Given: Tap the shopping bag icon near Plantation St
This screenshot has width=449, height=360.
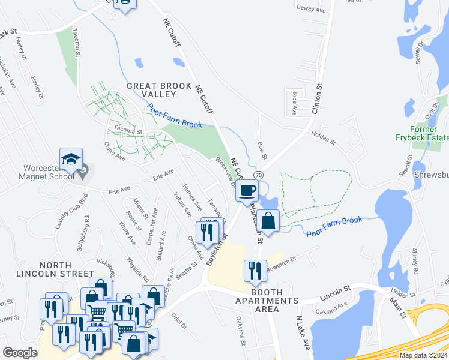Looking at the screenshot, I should (270, 220).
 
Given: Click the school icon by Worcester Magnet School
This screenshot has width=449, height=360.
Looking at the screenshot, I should (71, 160).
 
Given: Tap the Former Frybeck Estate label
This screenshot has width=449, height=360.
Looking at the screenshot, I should (429, 133).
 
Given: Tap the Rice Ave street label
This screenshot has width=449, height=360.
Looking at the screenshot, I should (294, 103).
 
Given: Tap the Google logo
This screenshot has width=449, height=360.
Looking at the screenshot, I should (20, 353).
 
